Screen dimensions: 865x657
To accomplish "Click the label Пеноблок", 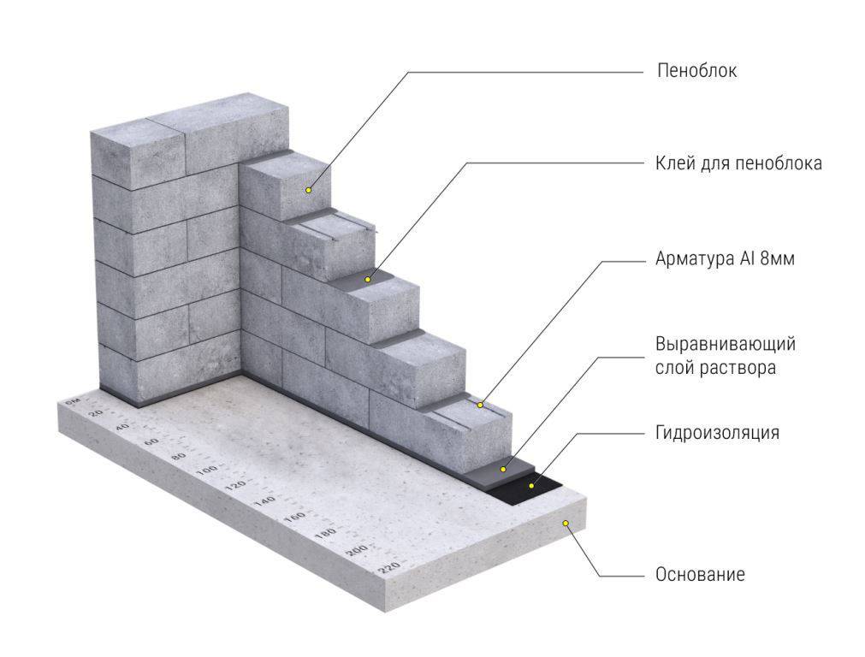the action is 696,71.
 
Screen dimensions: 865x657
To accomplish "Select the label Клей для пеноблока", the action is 738,163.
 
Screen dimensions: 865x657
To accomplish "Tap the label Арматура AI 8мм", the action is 725,258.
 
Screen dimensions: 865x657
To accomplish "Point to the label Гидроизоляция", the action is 717,433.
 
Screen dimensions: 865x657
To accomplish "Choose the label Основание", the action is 700,574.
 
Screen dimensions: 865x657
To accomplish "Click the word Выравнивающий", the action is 726,344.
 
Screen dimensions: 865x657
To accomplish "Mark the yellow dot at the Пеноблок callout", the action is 308,190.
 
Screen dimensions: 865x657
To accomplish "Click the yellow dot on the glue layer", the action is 367,280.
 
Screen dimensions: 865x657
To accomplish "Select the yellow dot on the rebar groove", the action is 480,405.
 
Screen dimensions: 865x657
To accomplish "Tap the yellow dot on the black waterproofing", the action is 531,485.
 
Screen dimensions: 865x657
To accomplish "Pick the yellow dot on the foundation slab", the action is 566,523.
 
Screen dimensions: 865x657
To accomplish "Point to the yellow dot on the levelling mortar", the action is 502,469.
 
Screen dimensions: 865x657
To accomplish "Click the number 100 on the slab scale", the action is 207,471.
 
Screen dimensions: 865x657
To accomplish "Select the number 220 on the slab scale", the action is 389,566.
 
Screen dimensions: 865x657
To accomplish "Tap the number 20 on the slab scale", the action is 96,413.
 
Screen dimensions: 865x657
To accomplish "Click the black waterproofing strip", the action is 525,488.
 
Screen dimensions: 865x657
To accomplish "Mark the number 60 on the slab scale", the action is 151,441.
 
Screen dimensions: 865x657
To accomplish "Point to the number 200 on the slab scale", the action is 357,550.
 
